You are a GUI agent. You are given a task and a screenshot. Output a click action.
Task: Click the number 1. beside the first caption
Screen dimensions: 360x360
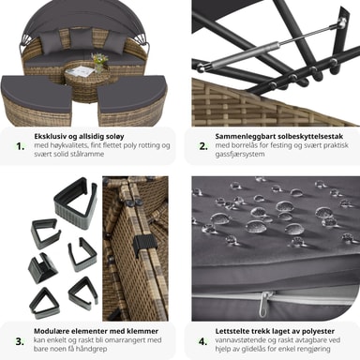pos(20,146)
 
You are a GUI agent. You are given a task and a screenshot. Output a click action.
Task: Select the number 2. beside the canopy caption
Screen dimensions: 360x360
pos(203,146)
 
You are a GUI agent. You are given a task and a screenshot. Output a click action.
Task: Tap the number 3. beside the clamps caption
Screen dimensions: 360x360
pos(20,341)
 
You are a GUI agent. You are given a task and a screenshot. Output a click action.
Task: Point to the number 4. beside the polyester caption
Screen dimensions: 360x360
pos(203,341)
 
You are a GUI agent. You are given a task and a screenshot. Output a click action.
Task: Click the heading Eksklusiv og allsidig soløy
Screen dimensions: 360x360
pos(79,137)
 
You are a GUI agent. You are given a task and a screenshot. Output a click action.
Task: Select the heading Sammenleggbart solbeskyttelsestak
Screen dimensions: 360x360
pos(279,137)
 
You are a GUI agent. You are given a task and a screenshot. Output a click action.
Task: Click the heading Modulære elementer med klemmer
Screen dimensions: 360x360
pos(96,331)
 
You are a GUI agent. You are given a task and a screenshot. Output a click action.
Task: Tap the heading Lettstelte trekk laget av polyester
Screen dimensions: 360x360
pos(275,331)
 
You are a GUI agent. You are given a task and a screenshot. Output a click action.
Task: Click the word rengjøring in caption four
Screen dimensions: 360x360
pos(311,349)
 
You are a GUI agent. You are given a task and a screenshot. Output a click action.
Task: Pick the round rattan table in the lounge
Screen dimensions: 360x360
pos(80,78)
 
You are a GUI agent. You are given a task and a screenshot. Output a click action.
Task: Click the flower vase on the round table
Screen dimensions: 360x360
pos(99,63)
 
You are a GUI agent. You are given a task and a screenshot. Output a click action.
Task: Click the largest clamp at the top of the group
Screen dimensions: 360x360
pos(76,198)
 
